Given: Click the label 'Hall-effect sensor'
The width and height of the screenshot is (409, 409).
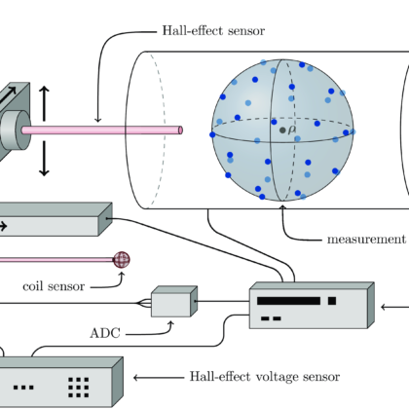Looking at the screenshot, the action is coord(213,31).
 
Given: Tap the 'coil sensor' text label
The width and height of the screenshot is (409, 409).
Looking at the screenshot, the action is coord(54,286).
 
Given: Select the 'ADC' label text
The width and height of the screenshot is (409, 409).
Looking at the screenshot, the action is coord(105,333).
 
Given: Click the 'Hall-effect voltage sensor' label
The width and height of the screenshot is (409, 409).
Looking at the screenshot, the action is coord(265,377).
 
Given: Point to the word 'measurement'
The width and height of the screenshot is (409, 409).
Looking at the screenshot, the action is coord(366,240).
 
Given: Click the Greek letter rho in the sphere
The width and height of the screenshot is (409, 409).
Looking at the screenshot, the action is coord(292,130).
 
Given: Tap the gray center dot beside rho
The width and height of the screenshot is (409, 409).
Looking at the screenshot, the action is coord(282,130).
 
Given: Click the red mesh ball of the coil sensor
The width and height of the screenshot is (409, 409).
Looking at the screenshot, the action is coord(122,260).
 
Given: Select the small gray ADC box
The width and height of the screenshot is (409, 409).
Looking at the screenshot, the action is coord(174,302).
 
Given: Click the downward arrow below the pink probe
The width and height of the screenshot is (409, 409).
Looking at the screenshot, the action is coord(44,159).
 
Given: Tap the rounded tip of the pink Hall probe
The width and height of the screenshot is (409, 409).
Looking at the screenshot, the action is coord(180,130).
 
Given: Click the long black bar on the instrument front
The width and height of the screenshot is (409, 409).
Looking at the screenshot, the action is coord(288,301).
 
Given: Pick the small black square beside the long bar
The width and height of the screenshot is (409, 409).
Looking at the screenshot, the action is coord(332,301).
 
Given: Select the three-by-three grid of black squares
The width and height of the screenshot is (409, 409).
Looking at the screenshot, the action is coord(79,388).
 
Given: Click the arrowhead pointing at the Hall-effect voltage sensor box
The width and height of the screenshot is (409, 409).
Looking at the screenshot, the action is coord(136,378).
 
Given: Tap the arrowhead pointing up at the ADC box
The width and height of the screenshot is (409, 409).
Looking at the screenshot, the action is coord(171,324).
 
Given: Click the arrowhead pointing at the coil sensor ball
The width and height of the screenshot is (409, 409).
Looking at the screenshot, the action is coord(122,275).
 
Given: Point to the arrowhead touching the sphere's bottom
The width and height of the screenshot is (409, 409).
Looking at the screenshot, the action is coord(282,207).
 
